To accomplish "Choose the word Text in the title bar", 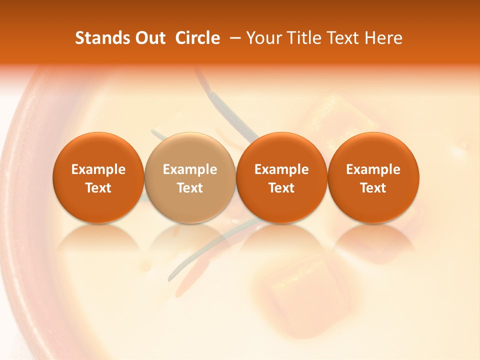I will click(x=343, y=38).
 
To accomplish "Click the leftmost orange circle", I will click(x=98, y=177).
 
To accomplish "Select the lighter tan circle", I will click(x=189, y=177).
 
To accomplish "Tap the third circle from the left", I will click(x=281, y=177).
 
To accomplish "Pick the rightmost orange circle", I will click(x=373, y=177).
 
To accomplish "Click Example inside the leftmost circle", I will click(x=98, y=169).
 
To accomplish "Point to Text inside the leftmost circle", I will click(x=98, y=188).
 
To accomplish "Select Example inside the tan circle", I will click(x=189, y=169).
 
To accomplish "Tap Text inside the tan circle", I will click(x=189, y=188).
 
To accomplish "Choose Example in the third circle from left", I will click(x=281, y=169).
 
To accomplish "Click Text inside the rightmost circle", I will click(x=373, y=188).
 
